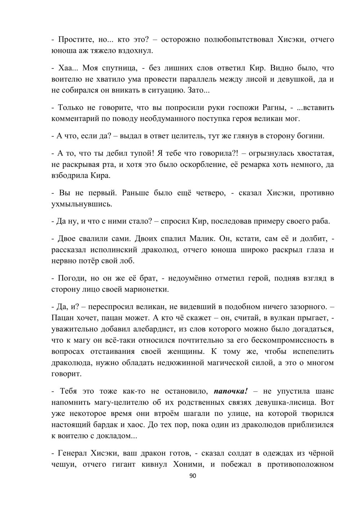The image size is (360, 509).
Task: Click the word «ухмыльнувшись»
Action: pyautogui.click(x=81, y=204)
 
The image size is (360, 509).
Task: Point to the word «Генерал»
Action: pyautogui.click(x=71, y=453)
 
